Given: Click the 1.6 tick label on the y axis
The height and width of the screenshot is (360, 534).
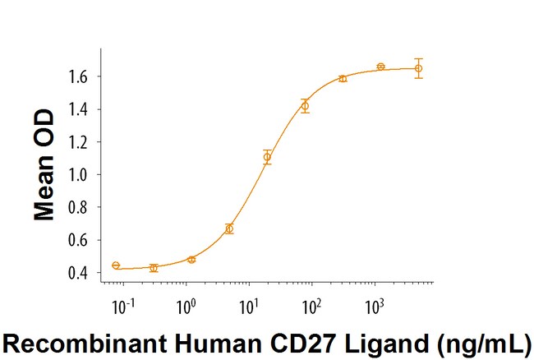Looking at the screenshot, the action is pyautogui.click(x=78, y=76).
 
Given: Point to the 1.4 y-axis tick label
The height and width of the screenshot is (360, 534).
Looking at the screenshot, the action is pyautogui.click(x=78, y=109).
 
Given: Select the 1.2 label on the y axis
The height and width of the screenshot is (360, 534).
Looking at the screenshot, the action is pyautogui.click(x=78, y=141).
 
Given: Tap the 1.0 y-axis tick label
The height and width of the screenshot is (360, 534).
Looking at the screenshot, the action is pyautogui.click(x=78, y=174).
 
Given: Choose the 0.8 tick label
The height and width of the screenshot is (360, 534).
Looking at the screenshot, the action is pyautogui.click(x=78, y=207).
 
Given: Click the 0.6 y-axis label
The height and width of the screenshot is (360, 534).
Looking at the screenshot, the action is pyautogui.click(x=78, y=240).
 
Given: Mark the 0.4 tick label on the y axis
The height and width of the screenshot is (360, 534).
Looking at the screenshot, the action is pyautogui.click(x=78, y=273).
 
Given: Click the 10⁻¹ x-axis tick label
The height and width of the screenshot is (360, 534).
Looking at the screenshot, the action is pyautogui.click(x=123, y=307).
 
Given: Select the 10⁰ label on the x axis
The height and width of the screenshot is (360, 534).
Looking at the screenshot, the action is pyautogui.click(x=186, y=307).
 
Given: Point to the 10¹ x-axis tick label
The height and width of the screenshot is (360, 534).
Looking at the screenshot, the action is pyautogui.click(x=249, y=307).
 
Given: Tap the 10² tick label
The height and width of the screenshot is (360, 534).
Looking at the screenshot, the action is pyautogui.click(x=312, y=307).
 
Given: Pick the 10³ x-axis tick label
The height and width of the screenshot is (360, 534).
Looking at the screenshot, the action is pyautogui.click(x=375, y=307).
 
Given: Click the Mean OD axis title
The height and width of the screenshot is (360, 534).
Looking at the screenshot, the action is pyautogui.click(x=44, y=165).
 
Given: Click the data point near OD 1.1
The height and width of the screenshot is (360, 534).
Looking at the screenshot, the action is pyautogui.click(x=267, y=157).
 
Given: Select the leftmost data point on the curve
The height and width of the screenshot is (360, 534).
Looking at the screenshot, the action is pyautogui.click(x=116, y=265).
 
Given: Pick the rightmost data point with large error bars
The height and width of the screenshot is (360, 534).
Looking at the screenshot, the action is pyautogui.click(x=418, y=68).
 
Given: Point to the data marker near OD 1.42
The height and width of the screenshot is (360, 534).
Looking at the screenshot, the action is pyautogui.click(x=305, y=106).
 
